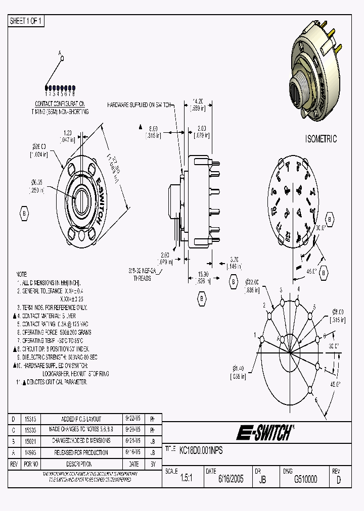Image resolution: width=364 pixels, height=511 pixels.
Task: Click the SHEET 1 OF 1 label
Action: click(27, 21)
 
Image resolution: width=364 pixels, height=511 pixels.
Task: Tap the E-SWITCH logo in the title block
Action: click(265, 433)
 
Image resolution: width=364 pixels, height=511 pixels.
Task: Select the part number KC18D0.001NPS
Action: click(201, 450)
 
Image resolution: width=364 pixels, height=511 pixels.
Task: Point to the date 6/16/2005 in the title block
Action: click(231, 480)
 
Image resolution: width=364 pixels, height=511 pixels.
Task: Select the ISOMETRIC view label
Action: click(321, 139)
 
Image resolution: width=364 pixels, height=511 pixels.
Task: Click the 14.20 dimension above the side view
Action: click(197, 100)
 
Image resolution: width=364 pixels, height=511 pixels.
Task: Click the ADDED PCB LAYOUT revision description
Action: click(81, 419)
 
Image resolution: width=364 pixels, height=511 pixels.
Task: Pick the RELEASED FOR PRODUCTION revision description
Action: click(81, 452)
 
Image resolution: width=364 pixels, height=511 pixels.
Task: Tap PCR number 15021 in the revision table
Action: click(30, 441)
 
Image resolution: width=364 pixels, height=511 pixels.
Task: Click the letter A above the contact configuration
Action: click(60, 53)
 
